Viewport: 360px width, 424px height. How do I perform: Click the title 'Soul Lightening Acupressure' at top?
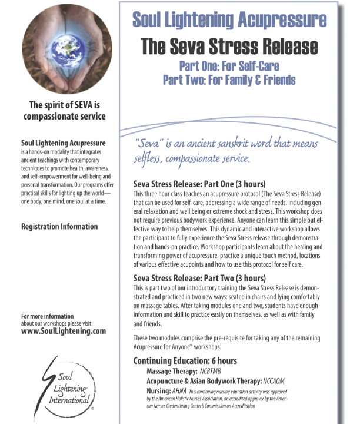[x=229, y=20]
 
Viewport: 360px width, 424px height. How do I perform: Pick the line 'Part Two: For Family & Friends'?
[x=229, y=79]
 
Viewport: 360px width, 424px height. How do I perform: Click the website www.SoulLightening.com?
[x=63, y=331]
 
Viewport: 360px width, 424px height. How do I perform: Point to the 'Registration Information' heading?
[x=59, y=227]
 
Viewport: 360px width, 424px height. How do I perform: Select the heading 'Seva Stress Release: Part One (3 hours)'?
[x=199, y=184]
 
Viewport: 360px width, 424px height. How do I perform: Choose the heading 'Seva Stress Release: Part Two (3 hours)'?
[x=199, y=278]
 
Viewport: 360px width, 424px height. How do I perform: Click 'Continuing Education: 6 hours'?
[x=185, y=361]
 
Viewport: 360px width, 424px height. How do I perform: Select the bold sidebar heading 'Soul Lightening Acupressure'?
[x=63, y=143]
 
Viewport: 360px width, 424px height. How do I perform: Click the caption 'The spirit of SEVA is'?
[x=63, y=105]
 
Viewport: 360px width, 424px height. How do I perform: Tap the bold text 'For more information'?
[x=47, y=316]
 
